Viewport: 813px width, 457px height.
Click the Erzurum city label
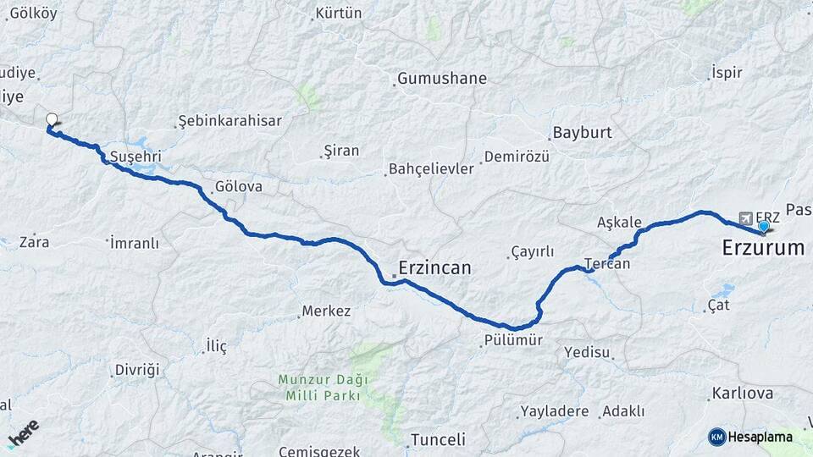point(762,248)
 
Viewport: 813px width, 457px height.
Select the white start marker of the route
point(52,120)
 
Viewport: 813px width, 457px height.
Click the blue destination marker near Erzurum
point(763,226)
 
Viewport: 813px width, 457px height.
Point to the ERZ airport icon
point(745,217)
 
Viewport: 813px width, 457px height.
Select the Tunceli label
point(438,439)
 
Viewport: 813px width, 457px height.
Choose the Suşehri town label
point(136,157)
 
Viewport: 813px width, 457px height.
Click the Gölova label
point(239,186)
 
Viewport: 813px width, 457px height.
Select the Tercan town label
point(607,263)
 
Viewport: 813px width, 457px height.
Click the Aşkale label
point(619,222)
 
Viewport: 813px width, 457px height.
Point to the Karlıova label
point(743,394)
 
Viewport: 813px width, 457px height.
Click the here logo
point(24,432)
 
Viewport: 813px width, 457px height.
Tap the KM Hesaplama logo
point(750,437)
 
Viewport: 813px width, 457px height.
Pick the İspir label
point(727,73)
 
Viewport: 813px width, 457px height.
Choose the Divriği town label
point(137,370)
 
